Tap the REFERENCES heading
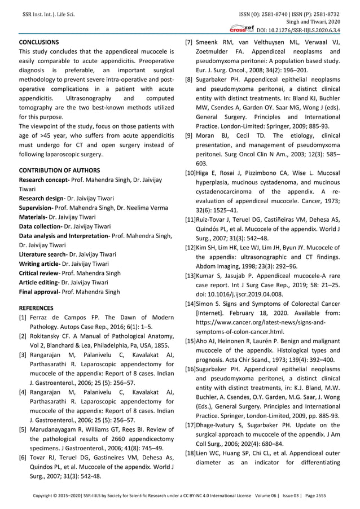[37, 308]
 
